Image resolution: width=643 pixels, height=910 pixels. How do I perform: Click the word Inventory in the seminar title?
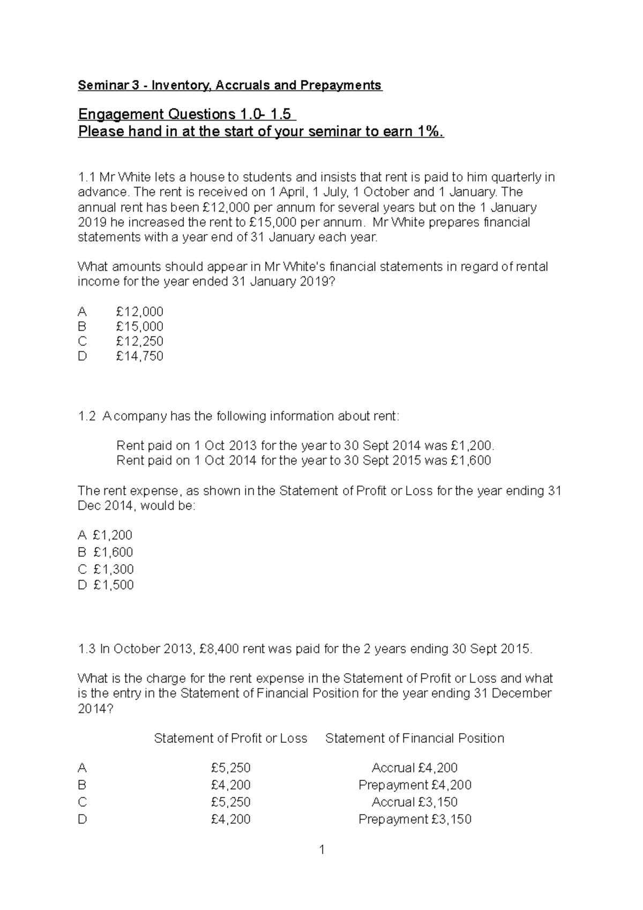pos(174,85)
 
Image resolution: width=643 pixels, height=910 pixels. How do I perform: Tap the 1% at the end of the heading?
pos(429,132)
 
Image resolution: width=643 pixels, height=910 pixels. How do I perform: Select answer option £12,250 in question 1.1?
pos(139,341)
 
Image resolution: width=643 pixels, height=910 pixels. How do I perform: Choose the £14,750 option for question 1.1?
pos(139,356)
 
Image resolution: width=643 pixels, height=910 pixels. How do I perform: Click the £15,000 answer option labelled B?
pos(139,326)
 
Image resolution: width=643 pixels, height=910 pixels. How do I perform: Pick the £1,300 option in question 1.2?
pos(113,569)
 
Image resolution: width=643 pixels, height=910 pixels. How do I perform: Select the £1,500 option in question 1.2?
pos(113,585)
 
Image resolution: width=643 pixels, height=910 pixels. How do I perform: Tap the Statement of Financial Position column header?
pos(415,739)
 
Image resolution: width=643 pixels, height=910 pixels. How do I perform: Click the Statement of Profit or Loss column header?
pos(230,739)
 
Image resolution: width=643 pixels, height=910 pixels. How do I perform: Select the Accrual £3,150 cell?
pos(415,802)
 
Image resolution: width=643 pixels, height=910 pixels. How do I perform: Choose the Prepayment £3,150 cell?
pos(415,819)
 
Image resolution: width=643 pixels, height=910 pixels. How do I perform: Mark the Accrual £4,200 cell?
pos(415,768)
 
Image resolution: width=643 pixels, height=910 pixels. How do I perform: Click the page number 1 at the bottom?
pos(322,850)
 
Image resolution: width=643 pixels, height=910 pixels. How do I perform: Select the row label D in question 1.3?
pos(82,819)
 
